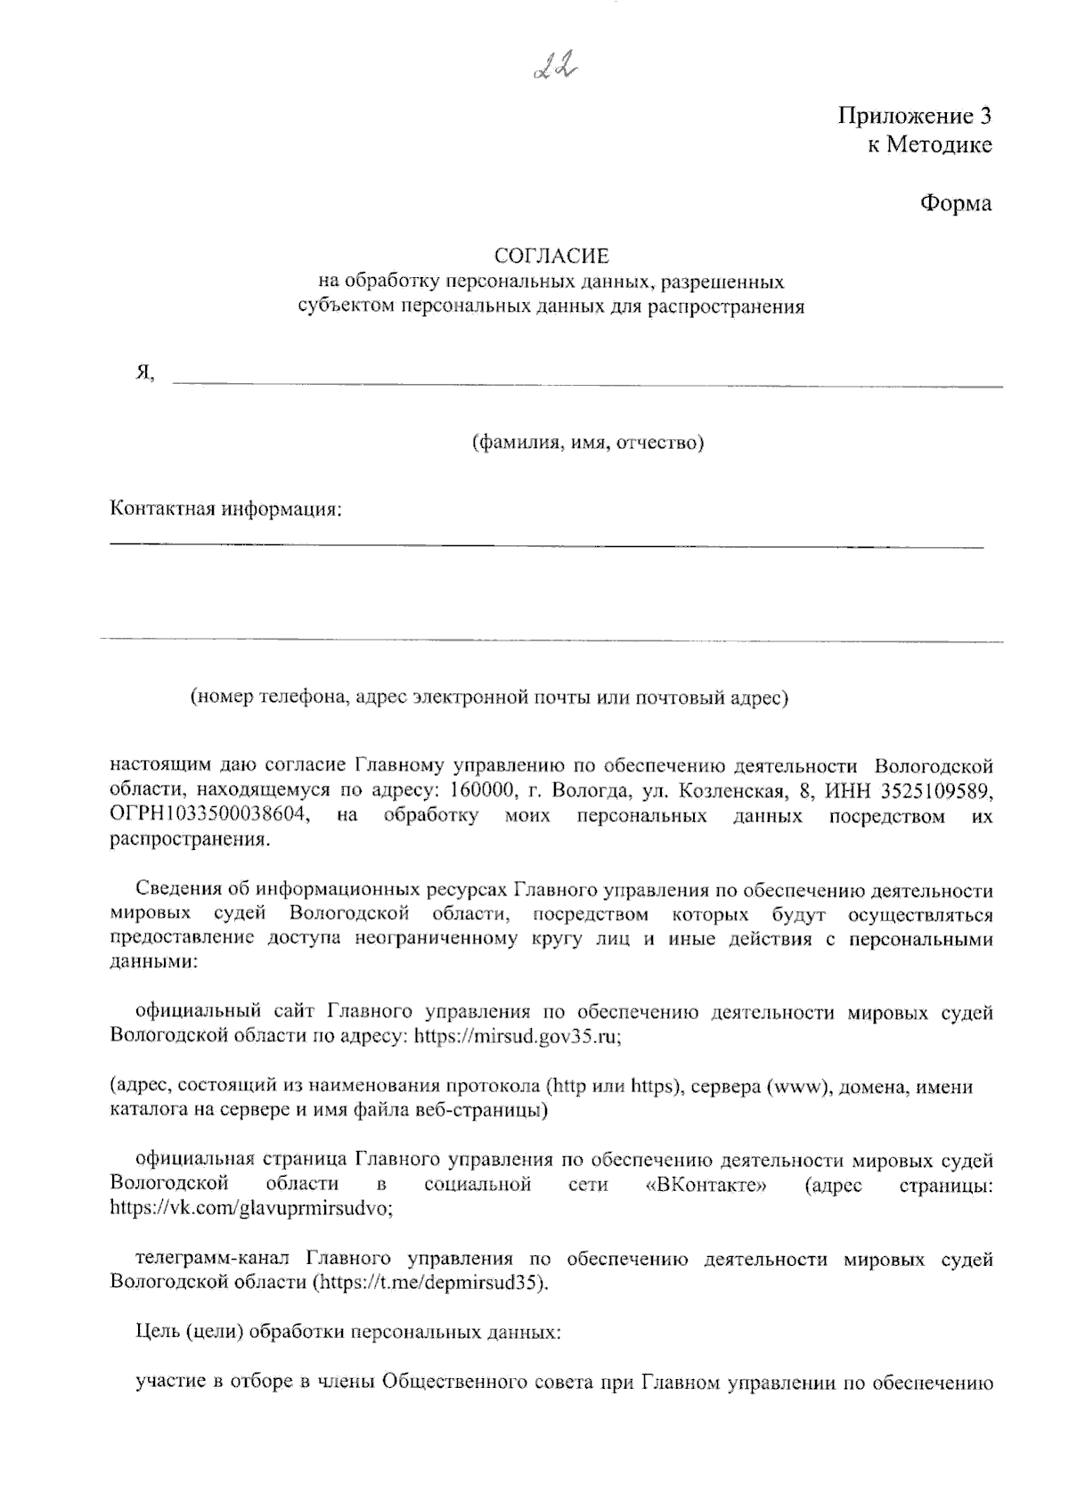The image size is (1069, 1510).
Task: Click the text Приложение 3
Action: pyautogui.click(x=914, y=116)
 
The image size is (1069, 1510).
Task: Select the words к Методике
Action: pyautogui.click(x=929, y=145)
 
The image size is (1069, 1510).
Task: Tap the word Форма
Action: pyautogui.click(x=955, y=203)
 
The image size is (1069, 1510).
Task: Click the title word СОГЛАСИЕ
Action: pyautogui.click(x=552, y=257)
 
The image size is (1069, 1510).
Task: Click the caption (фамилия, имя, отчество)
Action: pyautogui.click(x=588, y=442)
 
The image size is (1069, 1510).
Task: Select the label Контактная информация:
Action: pyautogui.click(x=226, y=510)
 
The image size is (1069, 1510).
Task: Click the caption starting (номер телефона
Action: pyautogui.click(x=489, y=697)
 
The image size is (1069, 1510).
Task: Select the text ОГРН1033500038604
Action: pyautogui.click(x=209, y=815)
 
